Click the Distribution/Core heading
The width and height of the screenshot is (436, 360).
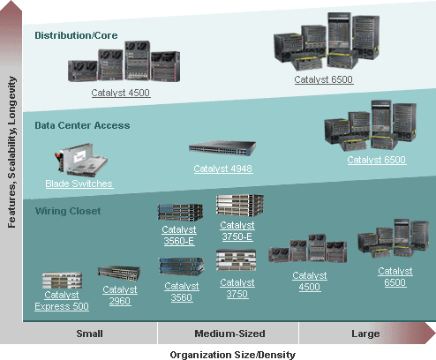tap(76, 35)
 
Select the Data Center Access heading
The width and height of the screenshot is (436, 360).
tap(82, 125)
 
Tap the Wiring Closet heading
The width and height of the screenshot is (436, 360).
tap(68, 211)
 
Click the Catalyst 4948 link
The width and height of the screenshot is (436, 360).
tap(223, 169)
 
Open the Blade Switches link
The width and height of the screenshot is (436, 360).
tap(79, 184)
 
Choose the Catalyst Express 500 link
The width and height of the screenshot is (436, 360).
tap(62, 301)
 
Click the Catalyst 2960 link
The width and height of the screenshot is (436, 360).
tap(120, 296)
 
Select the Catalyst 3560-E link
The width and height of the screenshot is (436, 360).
tap(179, 236)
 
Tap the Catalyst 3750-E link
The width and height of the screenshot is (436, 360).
tap(237, 231)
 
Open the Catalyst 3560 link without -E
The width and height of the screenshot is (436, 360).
tap(182, 292)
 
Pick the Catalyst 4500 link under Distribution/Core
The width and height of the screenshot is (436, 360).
tap(121, 93)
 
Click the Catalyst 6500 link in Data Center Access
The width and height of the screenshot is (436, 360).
tap(377, 160)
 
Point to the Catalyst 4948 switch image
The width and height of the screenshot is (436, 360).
tap(222, 148)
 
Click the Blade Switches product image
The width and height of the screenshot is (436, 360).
tap(81, 160)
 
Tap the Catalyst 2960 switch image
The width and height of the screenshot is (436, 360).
tap(119, 274)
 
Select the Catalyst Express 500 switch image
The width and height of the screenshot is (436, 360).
tap(62, 281)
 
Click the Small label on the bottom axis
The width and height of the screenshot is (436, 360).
tap(90, 334)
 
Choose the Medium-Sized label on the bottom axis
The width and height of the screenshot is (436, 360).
tap(229, 334)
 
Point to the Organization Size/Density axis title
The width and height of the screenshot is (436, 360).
tap(233, 355)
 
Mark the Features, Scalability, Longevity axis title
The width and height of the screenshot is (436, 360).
tap(11, 152)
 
